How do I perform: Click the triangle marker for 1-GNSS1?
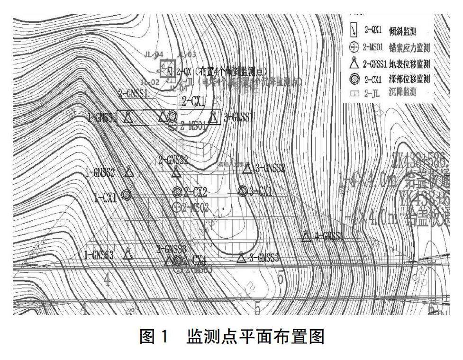(127, 118)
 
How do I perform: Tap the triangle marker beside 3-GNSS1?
(213, 117)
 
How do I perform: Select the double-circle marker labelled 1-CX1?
(126, 194)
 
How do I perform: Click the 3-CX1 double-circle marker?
(243, 190)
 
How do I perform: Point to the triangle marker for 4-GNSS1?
(306, 236)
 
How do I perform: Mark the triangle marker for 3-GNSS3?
(241, 257)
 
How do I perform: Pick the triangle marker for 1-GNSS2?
(128, 171)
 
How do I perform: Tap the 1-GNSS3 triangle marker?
(127, 254)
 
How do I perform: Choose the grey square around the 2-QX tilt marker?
(168, 69)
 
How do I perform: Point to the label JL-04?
(154, 54)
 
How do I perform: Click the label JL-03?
(186, 54)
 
